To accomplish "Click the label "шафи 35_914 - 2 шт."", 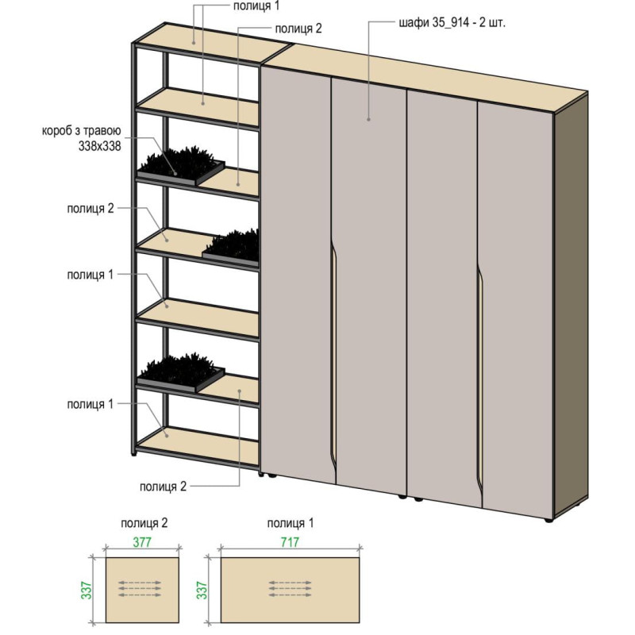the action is [452, 23].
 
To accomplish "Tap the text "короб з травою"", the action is [82, 131].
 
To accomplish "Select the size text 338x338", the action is [100, 146].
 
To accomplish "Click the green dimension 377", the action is [142, 542].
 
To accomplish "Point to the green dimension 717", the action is [290, 542].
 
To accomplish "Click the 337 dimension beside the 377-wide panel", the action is [87, 591].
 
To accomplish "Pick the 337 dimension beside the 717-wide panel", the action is [202, 591].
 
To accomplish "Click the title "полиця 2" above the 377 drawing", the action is [144, 523].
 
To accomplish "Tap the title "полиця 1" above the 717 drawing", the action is [291, 523].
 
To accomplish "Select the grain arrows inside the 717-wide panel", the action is [290, 589].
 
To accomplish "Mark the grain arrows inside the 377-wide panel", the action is [140, 589].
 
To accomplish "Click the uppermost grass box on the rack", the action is [181, 167].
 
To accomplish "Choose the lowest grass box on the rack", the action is [181, 373].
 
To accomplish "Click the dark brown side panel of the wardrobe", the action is [571, 304].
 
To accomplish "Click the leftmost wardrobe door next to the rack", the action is [298, 273].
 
